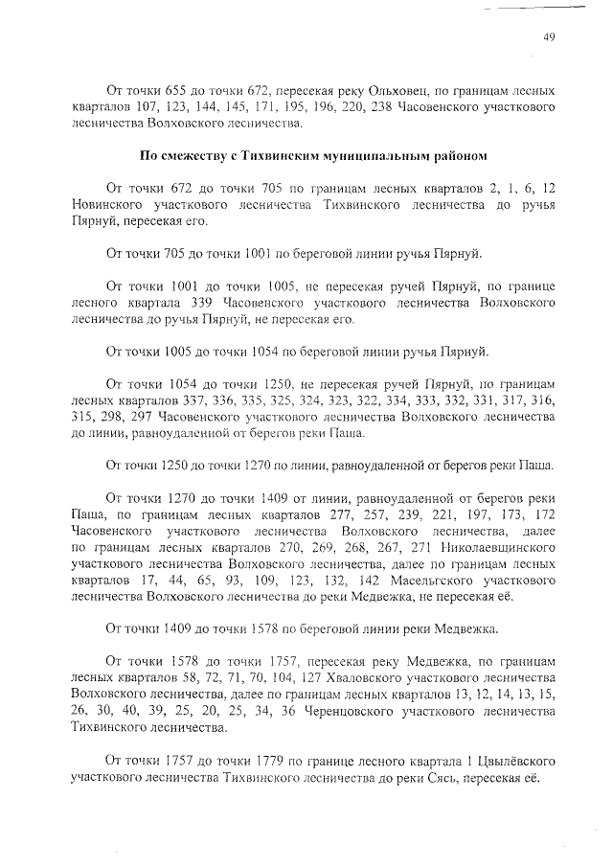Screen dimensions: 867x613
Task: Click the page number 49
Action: (550, 37)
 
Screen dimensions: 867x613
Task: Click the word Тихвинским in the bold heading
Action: (263, 152)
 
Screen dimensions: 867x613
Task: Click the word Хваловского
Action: (353, 676)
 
